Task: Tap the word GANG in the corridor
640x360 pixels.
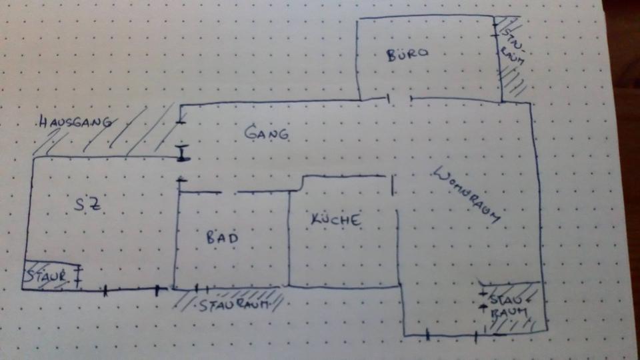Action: coord(267,133)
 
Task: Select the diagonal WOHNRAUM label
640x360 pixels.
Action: coord(467,195)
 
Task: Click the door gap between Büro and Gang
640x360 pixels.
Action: coord(400,99)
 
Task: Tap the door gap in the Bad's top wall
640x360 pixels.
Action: coord(229,192)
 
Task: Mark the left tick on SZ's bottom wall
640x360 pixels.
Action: coord(105,290)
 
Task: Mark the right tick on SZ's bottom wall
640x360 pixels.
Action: coord(157,290)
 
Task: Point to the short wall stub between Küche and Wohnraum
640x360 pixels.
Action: coord(393,185)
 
